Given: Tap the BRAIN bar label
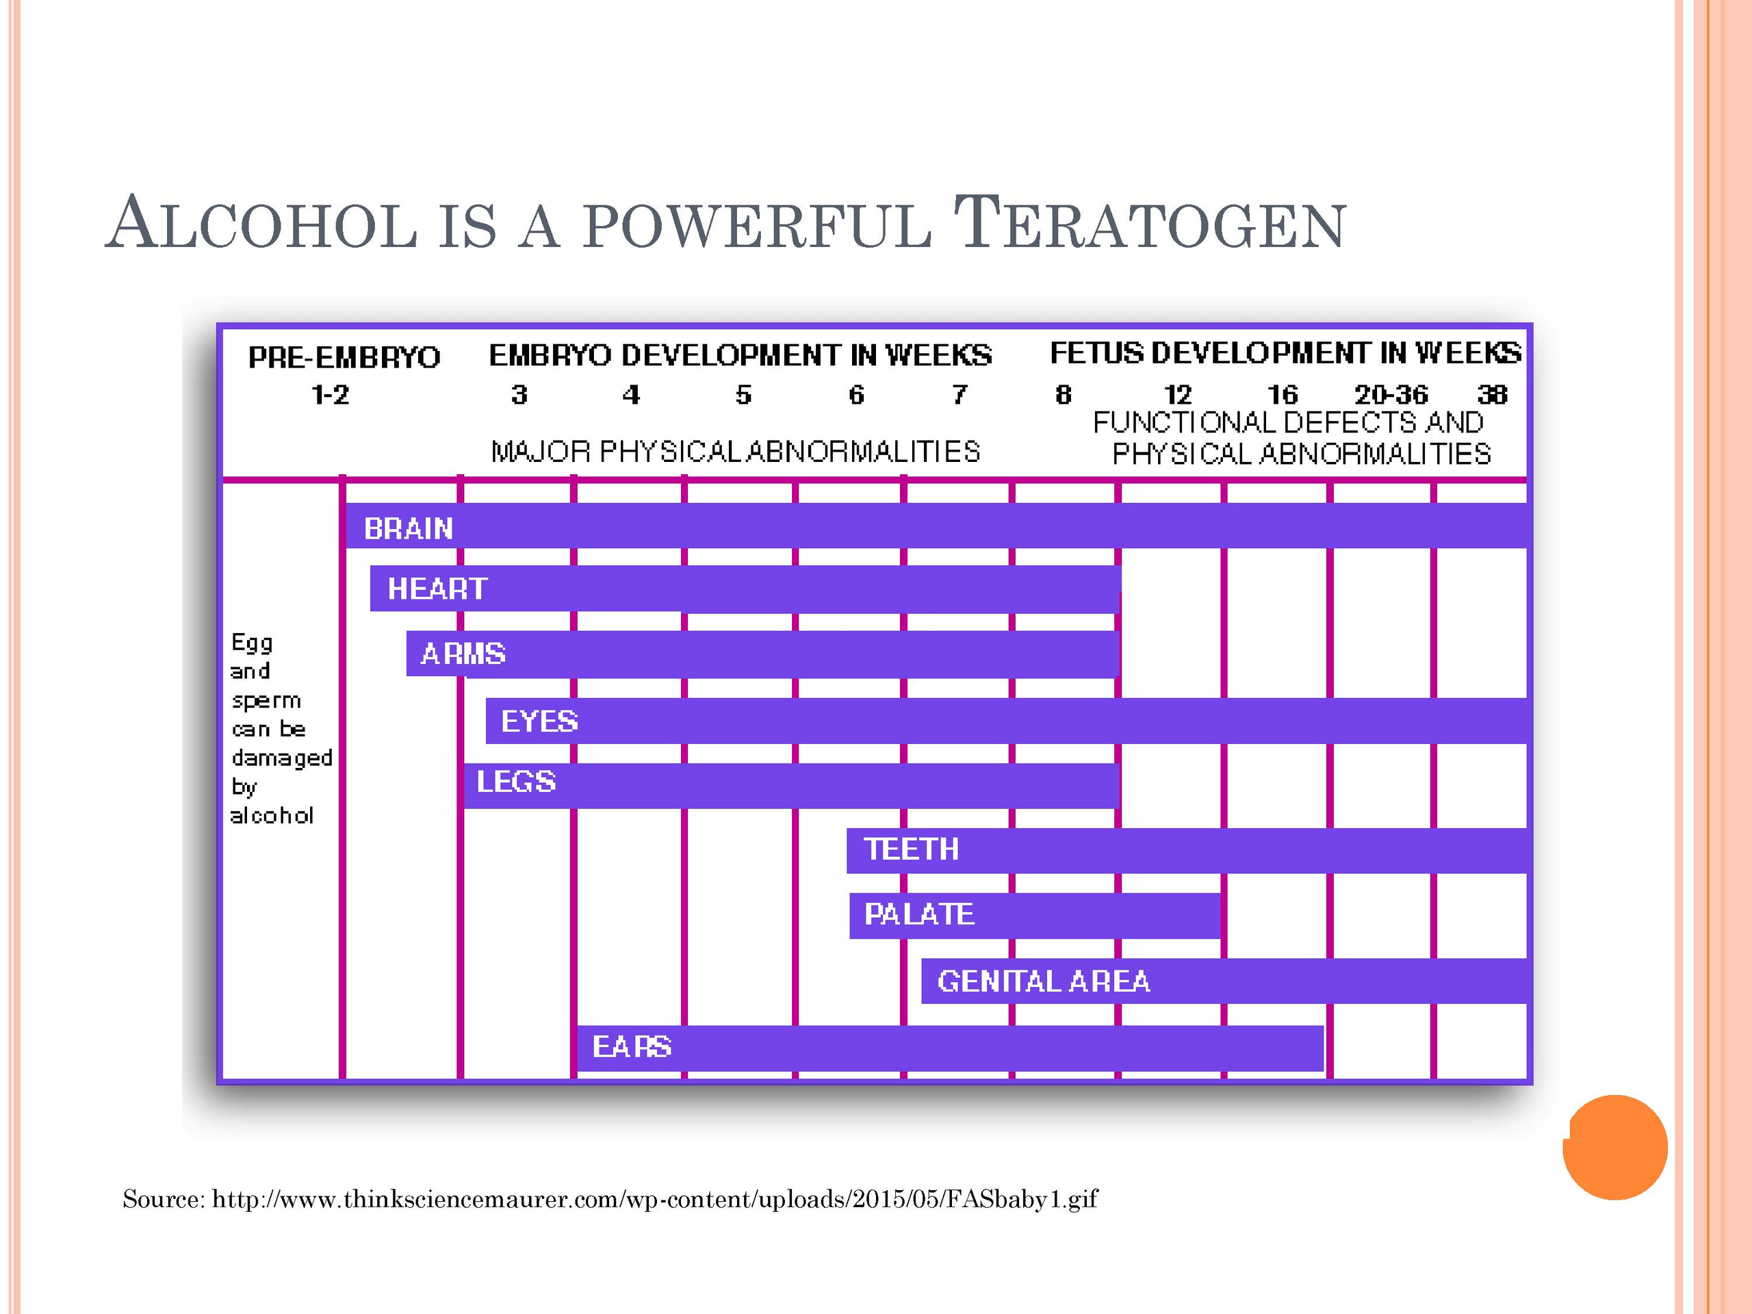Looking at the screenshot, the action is (x=409, y=528).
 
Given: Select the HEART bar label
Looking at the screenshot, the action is (x=437, y=589).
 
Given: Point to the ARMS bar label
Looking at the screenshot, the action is (x=463, y=654).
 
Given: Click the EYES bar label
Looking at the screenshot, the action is (x=539, y=721).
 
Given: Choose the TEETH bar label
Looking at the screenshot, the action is (x=911, y=849).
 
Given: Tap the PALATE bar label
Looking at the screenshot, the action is (x=918, y=914).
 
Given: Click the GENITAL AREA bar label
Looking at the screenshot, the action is (x=1043, y=981).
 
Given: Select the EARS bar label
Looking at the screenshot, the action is (x=632, y=1046).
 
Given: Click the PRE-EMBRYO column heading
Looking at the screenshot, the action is (x=344, y=357).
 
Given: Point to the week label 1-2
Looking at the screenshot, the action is (x=331, y=394).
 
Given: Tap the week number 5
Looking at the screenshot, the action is (x=743, y=394).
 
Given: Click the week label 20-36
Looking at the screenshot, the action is (x=1391, y=394).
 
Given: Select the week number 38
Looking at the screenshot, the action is (x=1492, y=394).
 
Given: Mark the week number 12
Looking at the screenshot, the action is (x=1178, y=394).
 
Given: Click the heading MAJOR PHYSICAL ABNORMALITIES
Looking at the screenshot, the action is (x=735, y=452).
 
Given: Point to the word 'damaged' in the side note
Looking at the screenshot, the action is (x=282, y=758).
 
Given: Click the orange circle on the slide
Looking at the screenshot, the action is (x=1615, y=1147).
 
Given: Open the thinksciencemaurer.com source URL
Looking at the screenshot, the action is (x=655, y=1199).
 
